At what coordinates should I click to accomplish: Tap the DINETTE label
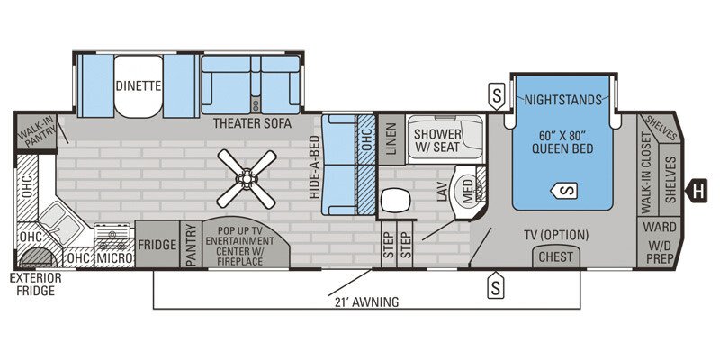138,86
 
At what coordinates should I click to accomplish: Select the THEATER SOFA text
251,124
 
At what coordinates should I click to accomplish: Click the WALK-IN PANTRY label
36,135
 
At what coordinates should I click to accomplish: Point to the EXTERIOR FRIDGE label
36,283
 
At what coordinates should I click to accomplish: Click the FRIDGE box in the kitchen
157,243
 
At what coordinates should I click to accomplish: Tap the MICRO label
116,258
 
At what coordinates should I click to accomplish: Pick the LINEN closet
391,139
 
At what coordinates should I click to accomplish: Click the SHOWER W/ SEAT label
437,140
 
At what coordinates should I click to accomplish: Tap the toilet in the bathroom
395,199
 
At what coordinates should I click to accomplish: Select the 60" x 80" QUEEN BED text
562,142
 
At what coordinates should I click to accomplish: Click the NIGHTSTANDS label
562,99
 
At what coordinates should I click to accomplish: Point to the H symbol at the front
697,190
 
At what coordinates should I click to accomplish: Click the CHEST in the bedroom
556,257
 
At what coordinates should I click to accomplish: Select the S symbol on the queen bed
564,190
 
